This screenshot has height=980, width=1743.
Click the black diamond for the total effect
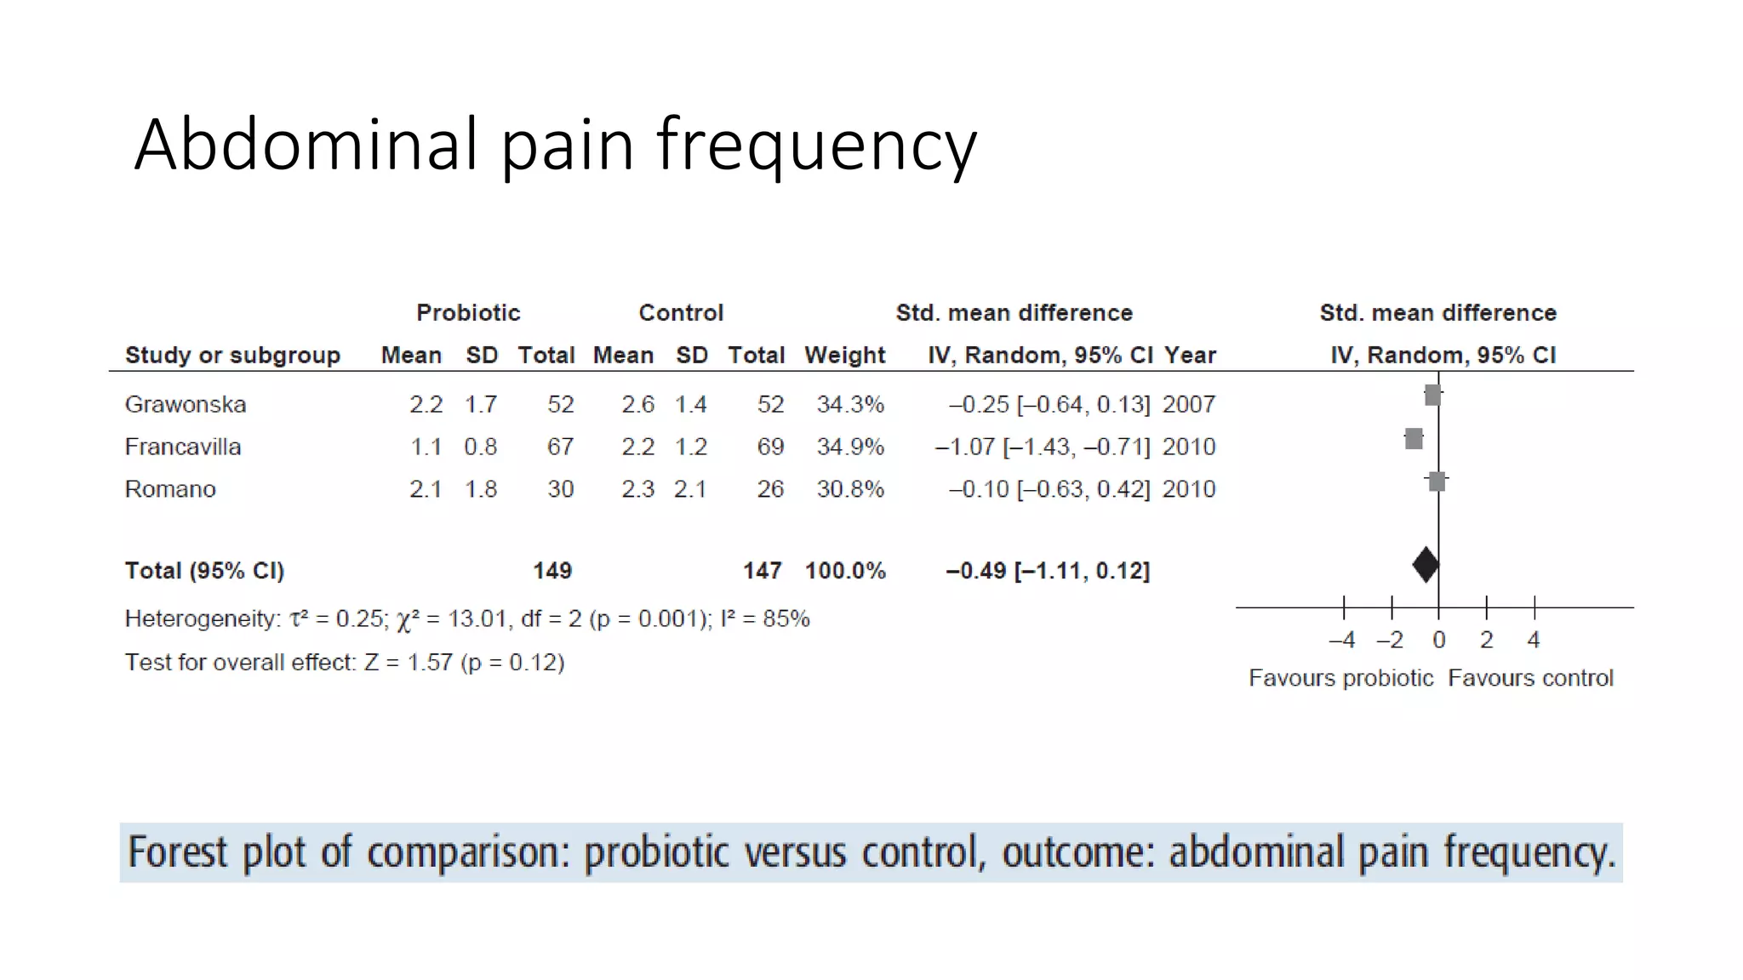[x=1426, y=565]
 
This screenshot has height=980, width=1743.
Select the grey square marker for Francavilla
[x=1414, y=439]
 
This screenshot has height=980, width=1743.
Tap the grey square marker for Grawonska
[x=1432, y=395]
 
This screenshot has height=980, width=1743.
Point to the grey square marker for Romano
[x=1437, y=481]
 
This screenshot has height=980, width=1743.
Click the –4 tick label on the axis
[x=1342, y=640]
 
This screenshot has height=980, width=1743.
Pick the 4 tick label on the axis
[x=1534, y=640]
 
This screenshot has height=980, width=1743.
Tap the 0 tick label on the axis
[x=1439, y=640]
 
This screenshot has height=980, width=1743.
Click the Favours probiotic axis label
[x=1341, y=678]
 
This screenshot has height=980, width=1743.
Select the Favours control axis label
[x=1530, y=678]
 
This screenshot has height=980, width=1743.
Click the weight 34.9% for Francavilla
[x=850, y=447]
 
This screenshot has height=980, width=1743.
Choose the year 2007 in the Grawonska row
[x=1189, y=404]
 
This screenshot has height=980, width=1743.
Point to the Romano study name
[x=170, y=489]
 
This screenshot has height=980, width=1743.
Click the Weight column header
[x=845, y=355]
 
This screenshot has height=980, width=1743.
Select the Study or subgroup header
[x=232, y=355]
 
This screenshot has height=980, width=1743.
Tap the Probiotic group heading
[x=468, y=313]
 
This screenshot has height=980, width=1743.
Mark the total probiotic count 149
[x=552, y=571]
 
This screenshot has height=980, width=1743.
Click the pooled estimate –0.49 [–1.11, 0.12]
[x=1048, y=571]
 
